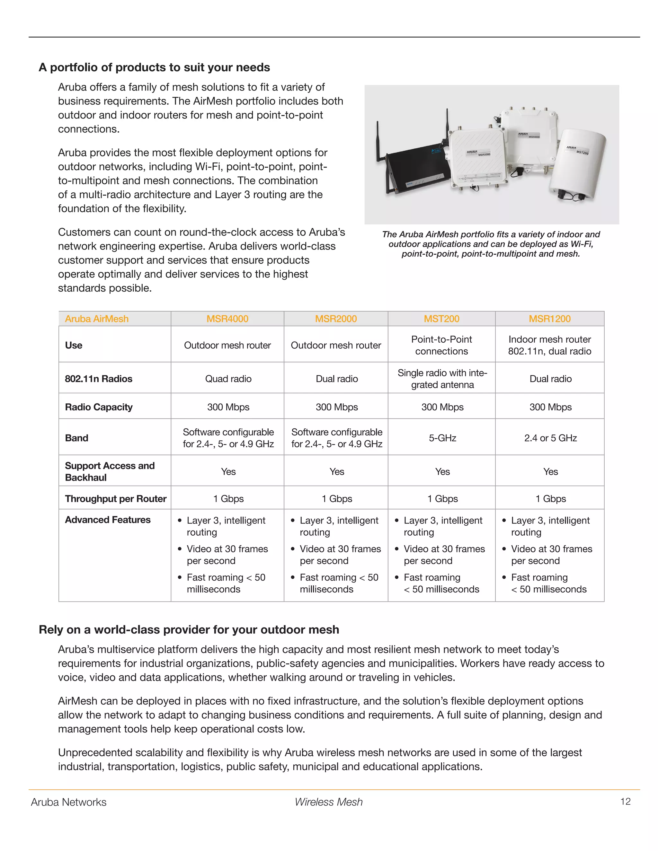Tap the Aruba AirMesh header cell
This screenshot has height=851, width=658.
pyautogui.click(x=97, y=319)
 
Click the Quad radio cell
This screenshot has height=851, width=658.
pyautogui.click(x=228, y=379)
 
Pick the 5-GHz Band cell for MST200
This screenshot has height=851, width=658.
pyautogui.click(x=442, y=438)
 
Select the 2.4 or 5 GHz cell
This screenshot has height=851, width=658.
pyautogui.click(x=550, y=438)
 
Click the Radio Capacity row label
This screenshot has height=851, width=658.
pyautogui.click(x=99, y=407)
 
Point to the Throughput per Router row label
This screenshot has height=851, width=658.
pyautogui.click(x=115, y=499)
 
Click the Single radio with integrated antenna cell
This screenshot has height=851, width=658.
pyautogui.click(x=442, y=379)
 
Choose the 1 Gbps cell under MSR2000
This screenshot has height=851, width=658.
pyautogui.click(x=336, y=499)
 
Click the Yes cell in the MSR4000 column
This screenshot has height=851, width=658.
pyautogui.click(x=228, y=471)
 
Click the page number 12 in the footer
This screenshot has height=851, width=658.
pyautogui.click(x=625, y=802)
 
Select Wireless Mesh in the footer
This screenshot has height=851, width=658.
pyautogui.click(x=328, y=802)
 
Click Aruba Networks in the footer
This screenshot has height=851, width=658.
pyautogui.click(x=69, y=802)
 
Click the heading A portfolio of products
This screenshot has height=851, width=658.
pyautogui.click(x=154, y=67)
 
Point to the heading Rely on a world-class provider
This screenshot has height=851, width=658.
pyautogui.click(x=189, y=630)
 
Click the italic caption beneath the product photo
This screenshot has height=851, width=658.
pyautogui.click(x=491, y=244)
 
